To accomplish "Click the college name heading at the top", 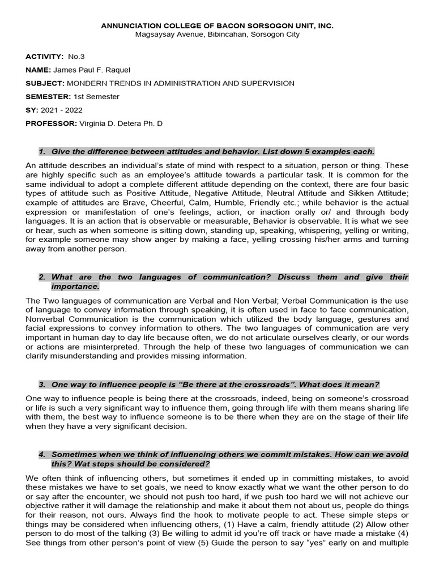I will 217,25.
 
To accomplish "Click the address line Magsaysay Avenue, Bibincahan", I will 217,35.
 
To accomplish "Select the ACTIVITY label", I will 44,57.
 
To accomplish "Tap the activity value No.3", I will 76,57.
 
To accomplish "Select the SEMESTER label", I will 48,96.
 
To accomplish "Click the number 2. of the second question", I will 42,277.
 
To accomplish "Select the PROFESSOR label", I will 51,123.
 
